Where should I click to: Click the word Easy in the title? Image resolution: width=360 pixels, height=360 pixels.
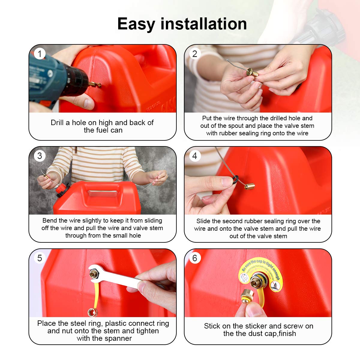[136, 24]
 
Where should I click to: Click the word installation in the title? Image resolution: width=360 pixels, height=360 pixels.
[204, 24]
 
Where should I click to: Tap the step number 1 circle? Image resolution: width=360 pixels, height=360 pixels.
[40, 54]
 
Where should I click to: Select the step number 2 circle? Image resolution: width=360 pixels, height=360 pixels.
[195, 54]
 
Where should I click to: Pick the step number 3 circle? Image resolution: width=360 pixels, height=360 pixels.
[40, 156]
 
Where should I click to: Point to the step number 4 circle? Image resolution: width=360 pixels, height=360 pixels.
[195, 156]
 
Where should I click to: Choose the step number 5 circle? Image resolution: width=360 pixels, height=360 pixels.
[40, 258]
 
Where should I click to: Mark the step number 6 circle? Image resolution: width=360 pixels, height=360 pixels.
[195, 258]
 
